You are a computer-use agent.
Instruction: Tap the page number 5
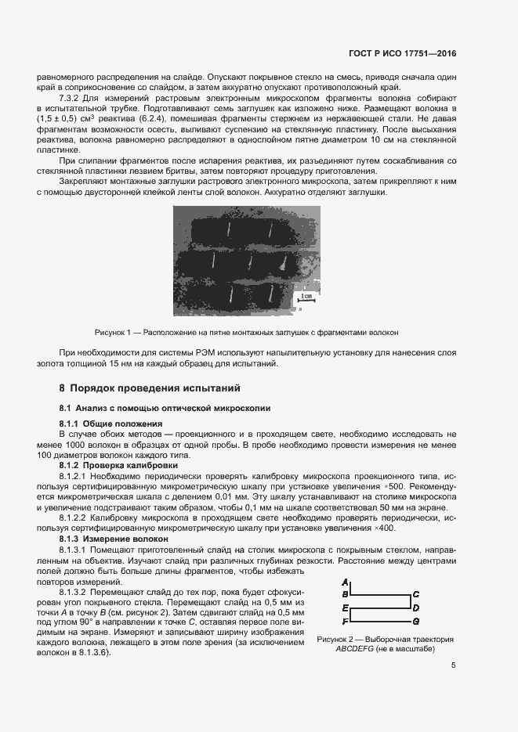click(454, 665)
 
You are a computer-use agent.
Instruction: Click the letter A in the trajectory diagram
click(346, 582)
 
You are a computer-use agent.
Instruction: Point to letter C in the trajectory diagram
click(416, 595)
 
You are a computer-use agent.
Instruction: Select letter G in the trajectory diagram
click(416, 621)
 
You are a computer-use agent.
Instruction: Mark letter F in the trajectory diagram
click(346, 621)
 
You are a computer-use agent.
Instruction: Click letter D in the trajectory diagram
click(416, 608)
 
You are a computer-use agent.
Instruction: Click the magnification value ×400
click(384, 528)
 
